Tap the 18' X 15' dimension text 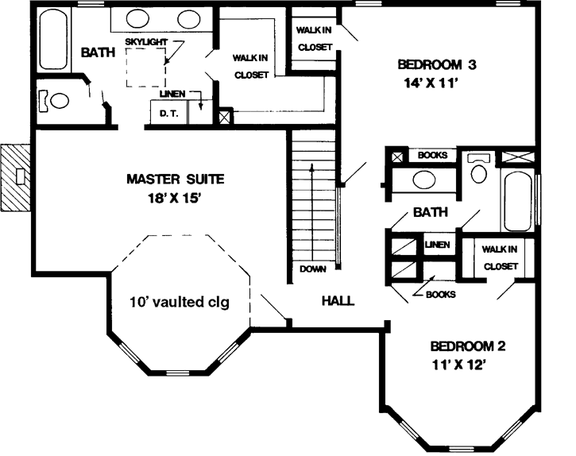point(174,199)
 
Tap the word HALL point(338,301)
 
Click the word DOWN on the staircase point(313,269)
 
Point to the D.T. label point(168,114)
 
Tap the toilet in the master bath point(59,101)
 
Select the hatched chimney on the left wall point(16,176)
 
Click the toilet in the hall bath point(478,170)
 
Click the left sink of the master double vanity point(143,18)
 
